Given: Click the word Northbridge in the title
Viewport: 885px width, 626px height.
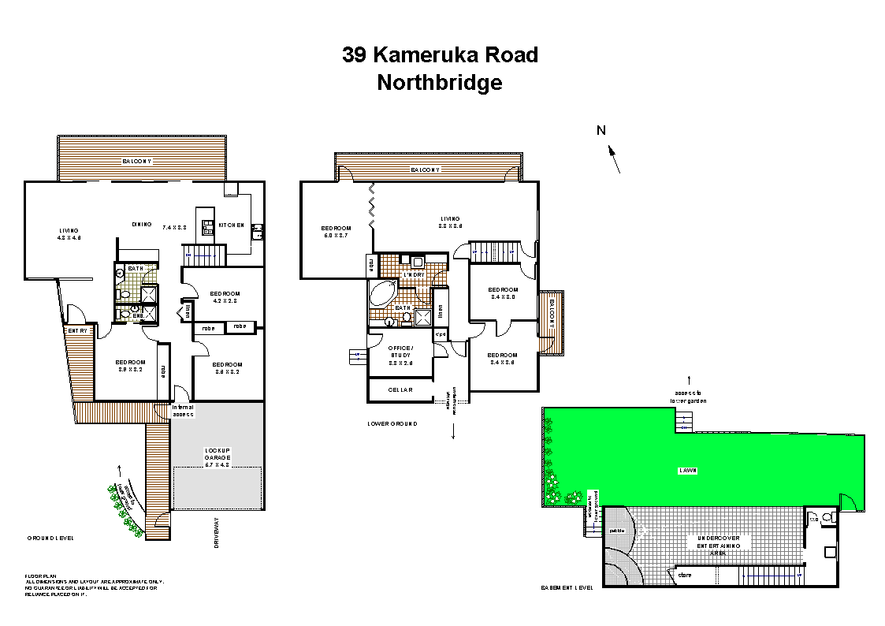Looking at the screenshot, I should pyautogui.click(x=439, y=82).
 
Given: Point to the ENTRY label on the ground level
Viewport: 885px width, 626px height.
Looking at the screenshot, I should pyautogui.click(x=77, y=331).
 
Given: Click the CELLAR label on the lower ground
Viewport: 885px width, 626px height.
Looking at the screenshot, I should pyautogui.click(x=400, y=389).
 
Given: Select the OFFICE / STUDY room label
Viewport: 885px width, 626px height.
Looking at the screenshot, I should pyautogui.click(x=400, y=352).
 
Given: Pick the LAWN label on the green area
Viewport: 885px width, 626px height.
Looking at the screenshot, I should pyautogui.click(x=689, y=471).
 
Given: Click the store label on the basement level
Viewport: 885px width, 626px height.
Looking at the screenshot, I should pyautogui.click(x=685, y=576).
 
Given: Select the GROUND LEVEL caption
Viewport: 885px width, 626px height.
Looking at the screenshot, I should pyautogui.click(x=50, y=538).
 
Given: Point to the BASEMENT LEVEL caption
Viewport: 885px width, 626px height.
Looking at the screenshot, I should pyautogui.click(x=567, y=587).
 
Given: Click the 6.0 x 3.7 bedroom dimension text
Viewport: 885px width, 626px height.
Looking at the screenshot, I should pyautogui.click(x=335, y=235).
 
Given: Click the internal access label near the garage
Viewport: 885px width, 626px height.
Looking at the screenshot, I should pyautogui.click(x=183, y=410).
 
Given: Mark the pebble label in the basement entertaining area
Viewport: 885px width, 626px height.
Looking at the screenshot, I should pyautogui.click(x=617, y=530).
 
